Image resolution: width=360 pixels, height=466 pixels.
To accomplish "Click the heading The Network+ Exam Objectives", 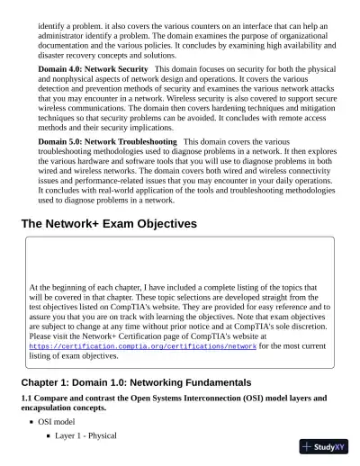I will (x=108, y=223).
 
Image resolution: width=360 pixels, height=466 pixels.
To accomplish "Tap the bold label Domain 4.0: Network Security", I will (x=93, y=68).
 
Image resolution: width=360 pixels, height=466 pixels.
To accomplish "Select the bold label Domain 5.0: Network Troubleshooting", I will (x=107, y=142).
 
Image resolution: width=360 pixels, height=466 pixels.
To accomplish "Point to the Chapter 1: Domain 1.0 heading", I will (x=136, y=382).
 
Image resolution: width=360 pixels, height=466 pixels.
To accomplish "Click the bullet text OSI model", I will (x=56, y=421).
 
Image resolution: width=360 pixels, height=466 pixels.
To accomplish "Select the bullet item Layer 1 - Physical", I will (x=85, y=436).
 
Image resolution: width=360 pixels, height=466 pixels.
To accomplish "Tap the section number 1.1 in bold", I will (x=26, y=398).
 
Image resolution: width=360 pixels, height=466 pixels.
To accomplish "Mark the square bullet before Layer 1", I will (x=47, y=436).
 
